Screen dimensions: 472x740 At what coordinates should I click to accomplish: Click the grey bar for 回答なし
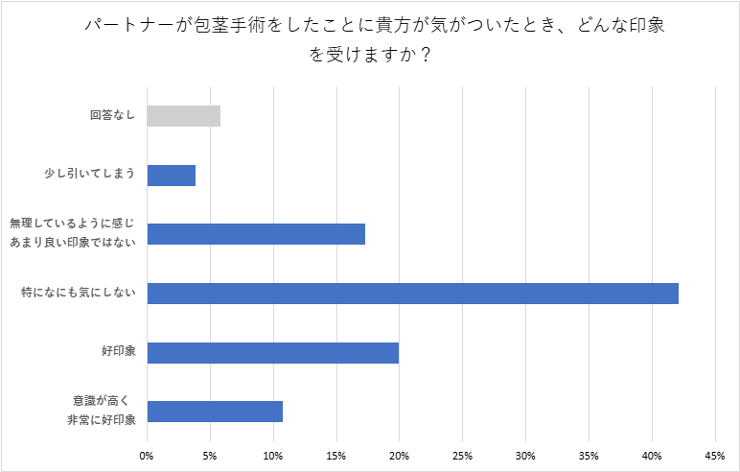point(184,116)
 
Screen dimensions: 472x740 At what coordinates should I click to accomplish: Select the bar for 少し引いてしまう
point(172,175)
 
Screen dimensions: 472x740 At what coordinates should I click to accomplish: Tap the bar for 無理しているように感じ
point(256,234)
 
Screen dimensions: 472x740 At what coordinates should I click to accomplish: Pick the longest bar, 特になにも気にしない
point(412,293)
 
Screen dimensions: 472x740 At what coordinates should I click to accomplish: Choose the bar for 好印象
point(273,352)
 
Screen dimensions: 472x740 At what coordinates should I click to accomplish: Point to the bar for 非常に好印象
point(215,412)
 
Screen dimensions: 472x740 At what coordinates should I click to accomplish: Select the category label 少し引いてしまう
point(90,175)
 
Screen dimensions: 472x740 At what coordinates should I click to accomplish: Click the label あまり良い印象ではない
point(72,242)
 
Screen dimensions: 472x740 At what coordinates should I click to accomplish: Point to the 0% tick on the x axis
point(148,455)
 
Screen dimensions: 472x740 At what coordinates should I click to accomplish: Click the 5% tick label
point(211,455)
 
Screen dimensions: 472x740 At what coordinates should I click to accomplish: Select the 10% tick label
point(273,455)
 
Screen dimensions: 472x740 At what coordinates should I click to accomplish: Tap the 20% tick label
point(400,455)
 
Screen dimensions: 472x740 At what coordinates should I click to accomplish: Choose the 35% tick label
point(589,455)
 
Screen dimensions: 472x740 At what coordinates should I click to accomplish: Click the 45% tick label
point(715,455)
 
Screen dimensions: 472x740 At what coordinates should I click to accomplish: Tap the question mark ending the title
point(423,55)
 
